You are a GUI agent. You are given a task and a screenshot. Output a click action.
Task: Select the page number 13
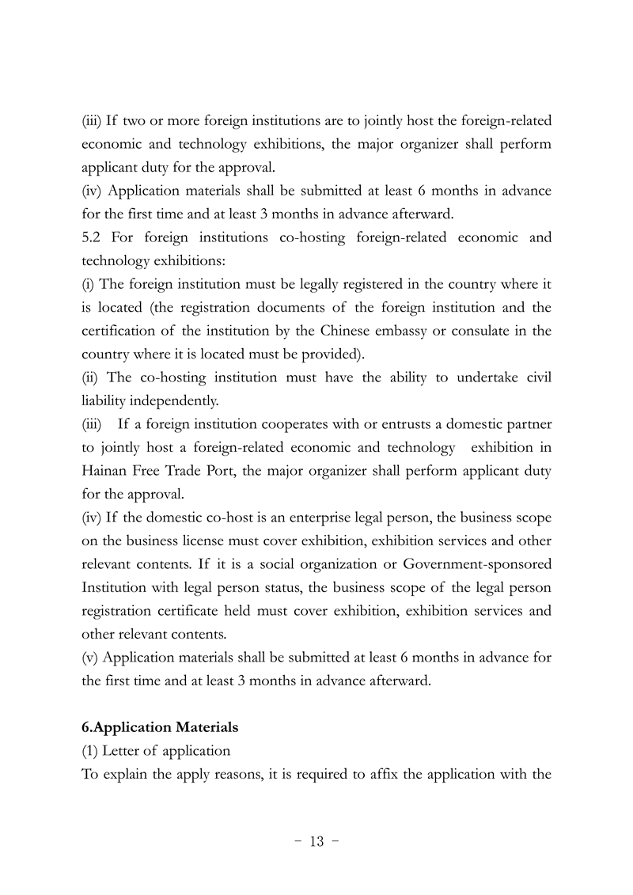tap(316, 841)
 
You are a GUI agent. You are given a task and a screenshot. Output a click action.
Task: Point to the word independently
tap(169, 401)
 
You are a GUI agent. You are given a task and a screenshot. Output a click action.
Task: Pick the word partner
tap(529, 425)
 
